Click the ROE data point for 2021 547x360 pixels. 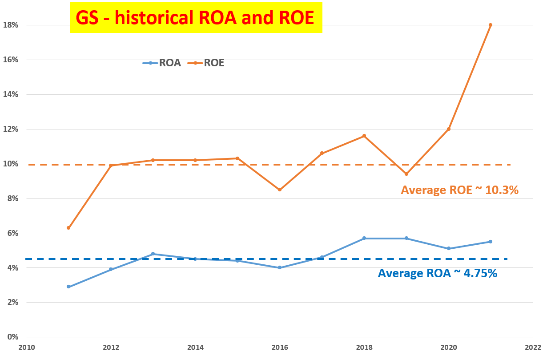click(x=491, y=25)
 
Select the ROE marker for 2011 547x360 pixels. click(x=68, y=228)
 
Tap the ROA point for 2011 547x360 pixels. click(x=68, y=287)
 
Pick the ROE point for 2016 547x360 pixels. click(x=280, y=190)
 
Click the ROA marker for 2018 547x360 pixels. click(x=364, y=238)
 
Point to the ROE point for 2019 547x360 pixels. click(x=406, y=174)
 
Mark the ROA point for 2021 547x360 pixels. click(x=491, y=242)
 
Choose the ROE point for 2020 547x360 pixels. click(x=449, y=129)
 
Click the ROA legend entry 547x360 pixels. click(x=162, y=63)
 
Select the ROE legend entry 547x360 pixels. click(x=207, y=63)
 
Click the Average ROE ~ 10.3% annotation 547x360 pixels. click(x=460, y=190)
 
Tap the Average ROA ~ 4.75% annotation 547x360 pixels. click(x=437, y=273)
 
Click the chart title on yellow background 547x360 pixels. click(x=196, y=17)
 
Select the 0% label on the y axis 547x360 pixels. click(x=13, y=337)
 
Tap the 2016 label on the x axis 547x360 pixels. click(x=280, y=347)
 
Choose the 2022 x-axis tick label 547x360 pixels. click(x=532, y=347)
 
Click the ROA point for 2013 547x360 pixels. click(x=153, y=254)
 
